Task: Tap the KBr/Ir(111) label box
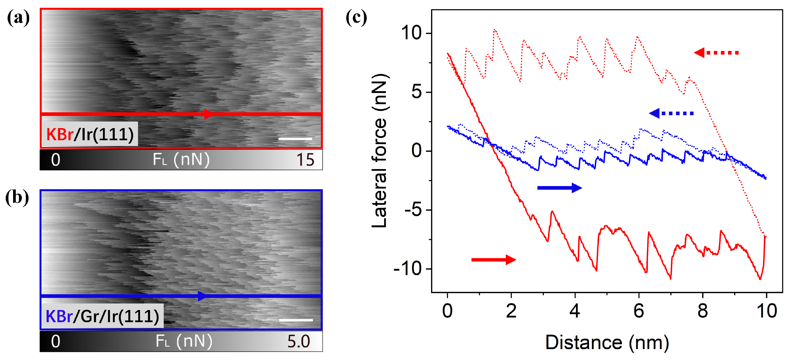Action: point(90,134)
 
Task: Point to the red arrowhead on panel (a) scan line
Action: point(209,114)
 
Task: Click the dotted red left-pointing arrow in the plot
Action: point(716,53)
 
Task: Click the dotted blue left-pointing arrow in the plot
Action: point(671,113)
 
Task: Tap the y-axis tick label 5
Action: point(416,92)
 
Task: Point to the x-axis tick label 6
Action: point(638,311)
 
